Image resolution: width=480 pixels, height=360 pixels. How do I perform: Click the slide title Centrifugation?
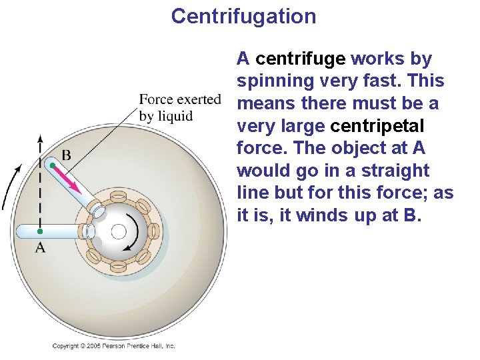click(243, 16)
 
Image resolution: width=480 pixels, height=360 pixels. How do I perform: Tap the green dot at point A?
click(40, 231)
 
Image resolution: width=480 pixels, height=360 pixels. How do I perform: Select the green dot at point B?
click(52, 165)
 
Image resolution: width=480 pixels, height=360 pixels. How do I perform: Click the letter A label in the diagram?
click(40, 248)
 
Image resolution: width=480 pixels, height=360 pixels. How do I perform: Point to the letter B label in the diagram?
click(66, 155)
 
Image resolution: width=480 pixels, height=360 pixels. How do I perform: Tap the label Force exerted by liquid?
click(179, 107)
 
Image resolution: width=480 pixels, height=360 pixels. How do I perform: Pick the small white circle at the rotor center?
click(119, 232)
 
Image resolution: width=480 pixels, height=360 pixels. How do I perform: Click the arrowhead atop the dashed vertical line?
click(40, 139)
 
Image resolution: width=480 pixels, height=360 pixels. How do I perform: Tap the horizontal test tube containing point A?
click(53, 231)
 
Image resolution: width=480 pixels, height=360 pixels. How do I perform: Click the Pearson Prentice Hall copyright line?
click(113, 346)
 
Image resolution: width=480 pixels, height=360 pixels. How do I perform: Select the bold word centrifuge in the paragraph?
click(300, 59)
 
